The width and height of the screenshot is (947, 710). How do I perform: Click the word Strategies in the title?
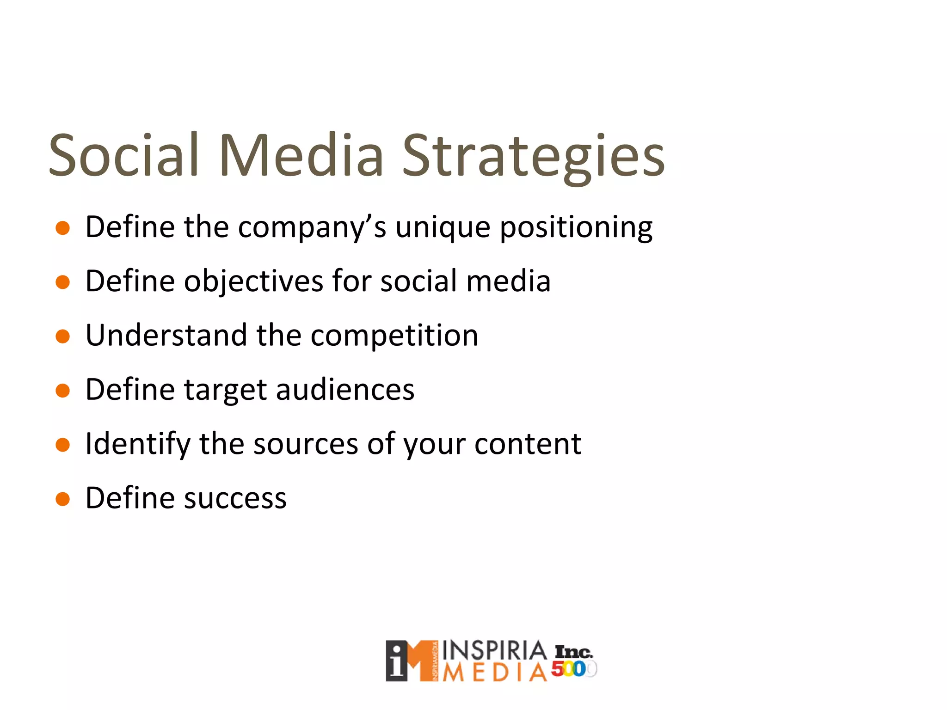click(533, 156)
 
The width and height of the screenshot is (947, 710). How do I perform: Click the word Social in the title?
click(124, 156)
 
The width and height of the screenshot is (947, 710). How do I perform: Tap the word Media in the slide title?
click(301, 156)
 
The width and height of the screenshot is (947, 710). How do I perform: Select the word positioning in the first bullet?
click(576, 227)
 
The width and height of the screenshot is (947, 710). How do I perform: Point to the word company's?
click(312, 227)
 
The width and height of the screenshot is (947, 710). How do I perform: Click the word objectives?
click(253, 282)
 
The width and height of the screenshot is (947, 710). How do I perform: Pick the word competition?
click(394, 336)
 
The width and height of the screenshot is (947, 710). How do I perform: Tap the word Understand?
click(166, 336)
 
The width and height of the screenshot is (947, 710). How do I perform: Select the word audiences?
click(345, 390)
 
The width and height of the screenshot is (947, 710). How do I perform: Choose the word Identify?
click(137, 444)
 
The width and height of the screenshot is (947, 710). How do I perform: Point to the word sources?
click(306, 444)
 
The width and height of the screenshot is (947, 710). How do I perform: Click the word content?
click(528, 444)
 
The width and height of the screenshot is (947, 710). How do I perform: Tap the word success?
click(235, 498)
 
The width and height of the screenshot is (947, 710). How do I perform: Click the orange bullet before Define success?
click(62, 499)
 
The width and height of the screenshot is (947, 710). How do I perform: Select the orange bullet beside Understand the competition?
click(62, 337)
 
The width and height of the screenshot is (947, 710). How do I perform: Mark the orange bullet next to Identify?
click(62, 445)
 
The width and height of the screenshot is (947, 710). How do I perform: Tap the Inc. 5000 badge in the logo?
click(573, 661)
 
